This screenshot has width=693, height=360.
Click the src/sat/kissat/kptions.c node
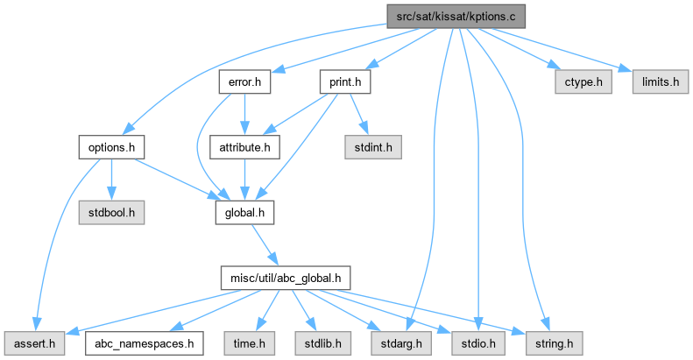(456, 17)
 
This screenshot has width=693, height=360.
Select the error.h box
(244, 82)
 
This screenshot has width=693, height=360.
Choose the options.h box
(110, 146)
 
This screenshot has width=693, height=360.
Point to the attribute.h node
(244, 146)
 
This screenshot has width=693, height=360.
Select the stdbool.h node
(110, 211)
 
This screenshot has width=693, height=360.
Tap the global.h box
(244, 211)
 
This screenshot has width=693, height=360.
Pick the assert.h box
(32, 342)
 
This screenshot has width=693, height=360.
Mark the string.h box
(541, 342)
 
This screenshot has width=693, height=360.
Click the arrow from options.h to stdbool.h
(110, 180)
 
